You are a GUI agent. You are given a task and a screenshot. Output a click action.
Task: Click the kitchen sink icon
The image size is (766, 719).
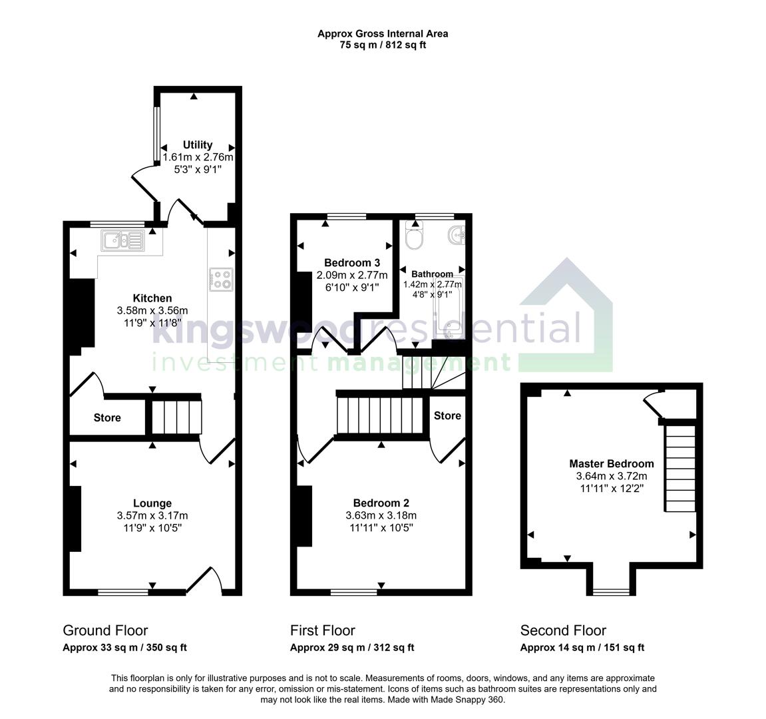tap(122, 240)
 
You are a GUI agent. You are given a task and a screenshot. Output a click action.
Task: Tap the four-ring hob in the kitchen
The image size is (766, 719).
tap(220, 279)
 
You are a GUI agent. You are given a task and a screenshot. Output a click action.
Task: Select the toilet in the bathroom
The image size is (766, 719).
tap(414, 237)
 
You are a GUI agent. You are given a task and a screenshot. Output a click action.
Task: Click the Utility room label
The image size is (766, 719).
tap(198, 145)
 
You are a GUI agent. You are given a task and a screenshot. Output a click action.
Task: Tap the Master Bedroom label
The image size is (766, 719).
tap(611, 463)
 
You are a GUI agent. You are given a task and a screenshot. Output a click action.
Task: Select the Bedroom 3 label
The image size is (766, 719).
tap(351, 262)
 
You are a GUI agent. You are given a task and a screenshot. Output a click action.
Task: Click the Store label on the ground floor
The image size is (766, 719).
tap(107, 418)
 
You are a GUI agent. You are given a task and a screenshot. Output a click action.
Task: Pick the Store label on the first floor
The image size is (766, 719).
tap(447, 415)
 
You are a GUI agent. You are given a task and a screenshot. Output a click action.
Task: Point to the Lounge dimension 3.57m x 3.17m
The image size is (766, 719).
tap(152, 515)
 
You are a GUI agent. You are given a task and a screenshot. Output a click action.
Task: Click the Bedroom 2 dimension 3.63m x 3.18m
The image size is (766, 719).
tap(381, 515)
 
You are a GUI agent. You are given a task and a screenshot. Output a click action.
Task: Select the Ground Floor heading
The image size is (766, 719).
tap(105, 630)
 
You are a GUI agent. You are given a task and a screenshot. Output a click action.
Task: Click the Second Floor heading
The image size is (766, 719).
tap(563, 630)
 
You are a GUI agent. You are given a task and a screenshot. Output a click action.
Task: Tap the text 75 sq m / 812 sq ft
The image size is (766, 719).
tap(383, 45)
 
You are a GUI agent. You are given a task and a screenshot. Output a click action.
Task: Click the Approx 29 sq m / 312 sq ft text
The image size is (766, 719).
tap(352, 648)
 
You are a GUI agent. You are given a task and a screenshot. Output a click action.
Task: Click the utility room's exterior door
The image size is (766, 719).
tap(144, 184)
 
